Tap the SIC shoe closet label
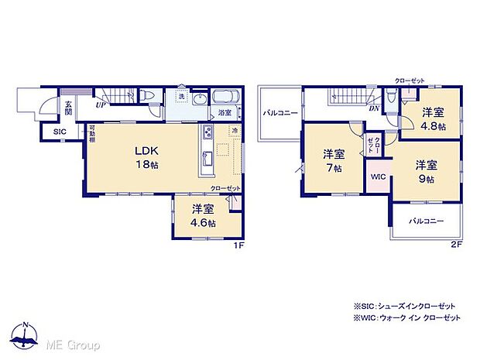point(60,132)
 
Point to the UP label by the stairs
point(101,104)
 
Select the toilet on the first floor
point(153,97)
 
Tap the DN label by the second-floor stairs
point(374,108)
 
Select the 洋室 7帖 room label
point(334,159)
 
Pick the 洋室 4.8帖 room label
point(435,118)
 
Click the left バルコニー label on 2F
point(280,113)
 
